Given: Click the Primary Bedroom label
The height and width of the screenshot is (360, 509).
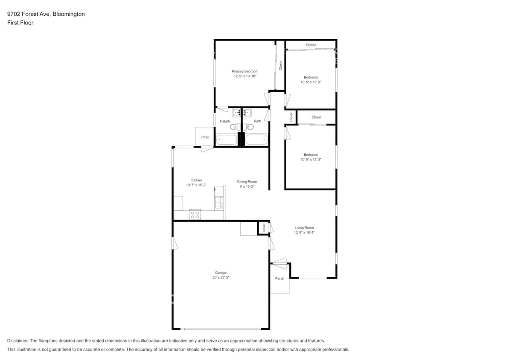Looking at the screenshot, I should tap(244, 71).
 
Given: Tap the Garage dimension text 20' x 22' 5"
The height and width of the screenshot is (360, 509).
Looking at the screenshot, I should tap(221, 277).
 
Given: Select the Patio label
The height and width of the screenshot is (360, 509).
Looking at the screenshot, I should tap(205, 137).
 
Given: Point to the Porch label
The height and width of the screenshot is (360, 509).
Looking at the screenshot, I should tap(279, 279).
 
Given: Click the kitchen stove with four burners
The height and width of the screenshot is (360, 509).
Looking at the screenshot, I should tap(195, 215).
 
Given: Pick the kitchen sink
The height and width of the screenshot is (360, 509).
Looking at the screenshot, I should tap(219, 202).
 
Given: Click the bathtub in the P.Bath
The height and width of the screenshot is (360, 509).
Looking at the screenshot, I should tap(227, 140).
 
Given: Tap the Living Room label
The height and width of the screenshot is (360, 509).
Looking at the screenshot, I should tap(304, 228).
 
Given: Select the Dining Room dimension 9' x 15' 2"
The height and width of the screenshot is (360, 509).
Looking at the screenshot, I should tap(247, 187).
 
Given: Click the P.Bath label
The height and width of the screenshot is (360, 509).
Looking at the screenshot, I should tap(224, 122).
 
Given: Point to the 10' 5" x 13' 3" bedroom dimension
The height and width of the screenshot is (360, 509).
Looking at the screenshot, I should tap(311, 160).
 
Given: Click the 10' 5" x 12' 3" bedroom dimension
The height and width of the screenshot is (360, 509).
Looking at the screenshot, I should tap(311, 82).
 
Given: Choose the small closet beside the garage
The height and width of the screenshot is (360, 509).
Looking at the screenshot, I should tap(264, 228).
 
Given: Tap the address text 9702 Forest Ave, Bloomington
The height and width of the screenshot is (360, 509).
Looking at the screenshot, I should tap(46, 14).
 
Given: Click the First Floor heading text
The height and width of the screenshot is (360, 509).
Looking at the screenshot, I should tap(20, 23).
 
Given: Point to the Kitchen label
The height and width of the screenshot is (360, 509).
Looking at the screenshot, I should tap(196, 180).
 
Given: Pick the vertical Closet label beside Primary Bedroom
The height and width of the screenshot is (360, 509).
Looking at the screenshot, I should tap(280, 65).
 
